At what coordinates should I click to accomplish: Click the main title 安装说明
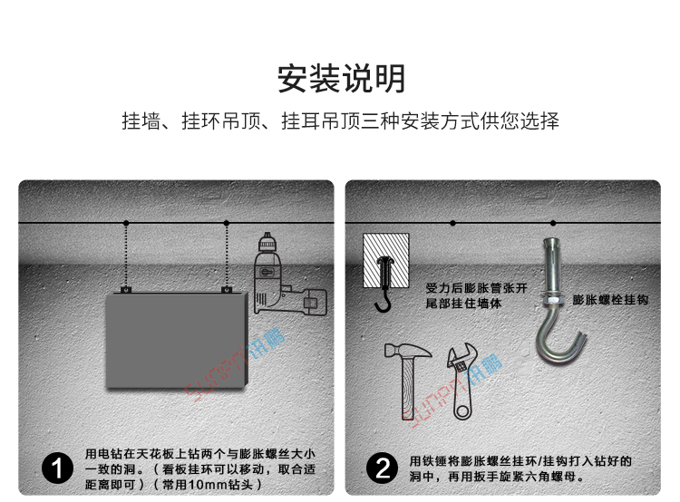click(341, 79)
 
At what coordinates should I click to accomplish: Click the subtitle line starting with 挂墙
click(340, 121)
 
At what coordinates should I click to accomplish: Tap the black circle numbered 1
click(57, 468)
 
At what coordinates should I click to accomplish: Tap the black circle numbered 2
click(382, 468)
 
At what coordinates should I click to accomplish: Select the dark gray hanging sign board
click(177, 341)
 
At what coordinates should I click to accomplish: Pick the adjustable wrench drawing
click(463, 381)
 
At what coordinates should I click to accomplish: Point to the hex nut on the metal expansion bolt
click(551, 299)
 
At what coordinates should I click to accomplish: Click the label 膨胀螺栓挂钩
click(610, 300)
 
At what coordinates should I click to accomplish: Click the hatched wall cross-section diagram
click(385, 260)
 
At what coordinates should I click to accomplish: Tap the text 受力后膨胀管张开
click(477, 288)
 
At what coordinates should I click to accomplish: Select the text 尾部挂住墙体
click(463, 303)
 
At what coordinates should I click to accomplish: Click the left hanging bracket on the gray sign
click(126, 289)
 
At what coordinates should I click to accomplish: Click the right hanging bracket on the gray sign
click(227, 289)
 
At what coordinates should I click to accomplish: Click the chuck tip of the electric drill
click(267, 237)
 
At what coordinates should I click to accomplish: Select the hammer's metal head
click(409, 351)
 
